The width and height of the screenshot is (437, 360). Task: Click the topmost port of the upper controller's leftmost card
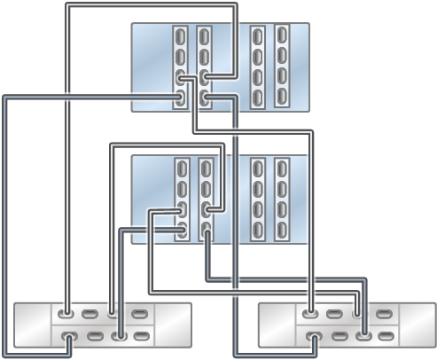click(181, 39)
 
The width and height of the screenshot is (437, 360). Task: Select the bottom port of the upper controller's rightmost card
click(282, 97)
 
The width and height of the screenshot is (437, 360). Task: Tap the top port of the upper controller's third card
click(257, 39)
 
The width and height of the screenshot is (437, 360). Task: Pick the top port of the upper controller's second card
click(205, 39)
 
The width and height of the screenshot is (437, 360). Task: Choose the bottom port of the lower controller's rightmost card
click(282, 230)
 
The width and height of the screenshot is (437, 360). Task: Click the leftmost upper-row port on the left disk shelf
click(66, 313)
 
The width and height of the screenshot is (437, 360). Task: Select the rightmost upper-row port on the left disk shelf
click(139, 313)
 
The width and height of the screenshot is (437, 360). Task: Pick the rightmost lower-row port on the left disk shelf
click(139, 336)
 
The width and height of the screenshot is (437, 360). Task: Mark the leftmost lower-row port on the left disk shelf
click(66, 336)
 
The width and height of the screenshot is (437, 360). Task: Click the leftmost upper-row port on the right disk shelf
click(309, 313)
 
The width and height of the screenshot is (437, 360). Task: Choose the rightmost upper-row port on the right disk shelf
click(382, 313)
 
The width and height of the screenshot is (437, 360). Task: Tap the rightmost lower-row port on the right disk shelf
click(382, 336)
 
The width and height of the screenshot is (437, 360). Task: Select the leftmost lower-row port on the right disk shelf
click(309, 336)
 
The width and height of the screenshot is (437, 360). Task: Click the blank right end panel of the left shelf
click(173, 325)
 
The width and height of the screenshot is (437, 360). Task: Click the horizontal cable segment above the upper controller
click(151, 5)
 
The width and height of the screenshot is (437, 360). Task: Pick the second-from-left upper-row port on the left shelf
click(90, 313)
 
